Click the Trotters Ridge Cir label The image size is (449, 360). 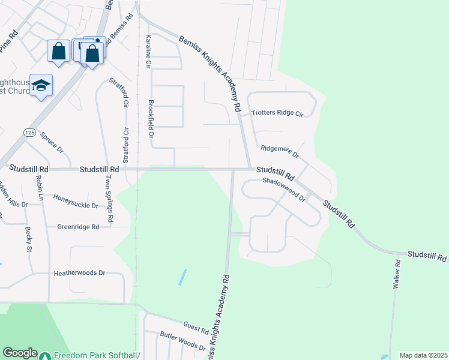(x=278, y=113)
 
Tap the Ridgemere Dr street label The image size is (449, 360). (x=279, y=151)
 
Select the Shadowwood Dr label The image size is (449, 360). (x=285, y=190)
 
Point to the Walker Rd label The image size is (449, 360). (x=396, y=275)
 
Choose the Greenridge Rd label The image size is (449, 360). (x=85, y=227)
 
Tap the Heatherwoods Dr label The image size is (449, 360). (x=79, y=272)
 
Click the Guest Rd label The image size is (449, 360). (x=196, y=328)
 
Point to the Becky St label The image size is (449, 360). (x=28, y=239)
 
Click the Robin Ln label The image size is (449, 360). (x=40, y=188)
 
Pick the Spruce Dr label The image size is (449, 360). (x=52, y=142)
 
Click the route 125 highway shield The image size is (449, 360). (x=29, y=131)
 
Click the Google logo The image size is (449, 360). (x=20, y=353)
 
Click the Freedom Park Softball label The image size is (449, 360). (x=96, y=355)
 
